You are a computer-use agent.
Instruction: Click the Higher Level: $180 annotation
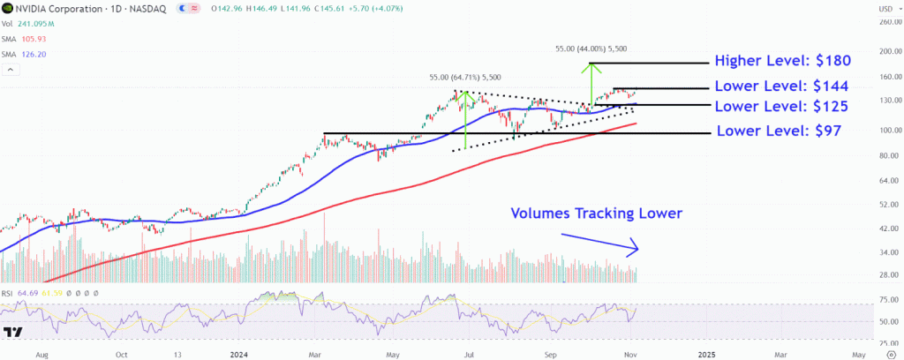tap(783, 62)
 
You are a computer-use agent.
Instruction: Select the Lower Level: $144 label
tap(782, 86)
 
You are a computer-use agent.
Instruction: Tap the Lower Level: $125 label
tap(782, 107)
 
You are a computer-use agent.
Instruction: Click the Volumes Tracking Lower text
tap(597, 213)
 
